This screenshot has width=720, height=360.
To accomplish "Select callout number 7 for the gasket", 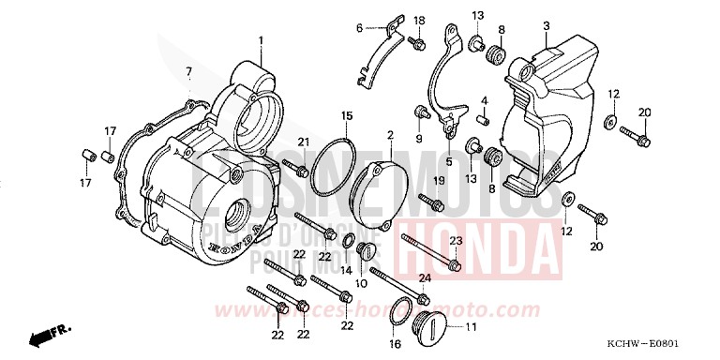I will pyautogui.click(x=188, y=71).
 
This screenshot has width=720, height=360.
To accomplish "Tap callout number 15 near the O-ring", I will pyautogui.click(x=347, y=115).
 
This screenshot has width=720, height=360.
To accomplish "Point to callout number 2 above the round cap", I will pyautogui.click(x=390, y=136).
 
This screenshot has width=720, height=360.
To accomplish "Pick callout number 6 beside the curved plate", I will pyautogui.click(x=358, y=28).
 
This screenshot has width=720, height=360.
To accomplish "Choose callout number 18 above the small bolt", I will pyautogui.click(x=419, y=21).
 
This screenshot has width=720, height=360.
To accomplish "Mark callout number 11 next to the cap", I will pyautogui.click(x=470, y=326).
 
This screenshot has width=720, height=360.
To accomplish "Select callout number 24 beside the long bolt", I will pyautogui.click(x=425, y=277).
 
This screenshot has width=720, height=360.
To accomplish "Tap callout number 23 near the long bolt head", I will pyautogui.click(x=456, y=242).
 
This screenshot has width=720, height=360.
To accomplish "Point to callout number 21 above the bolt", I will pyautogui.click(x=304, y=142).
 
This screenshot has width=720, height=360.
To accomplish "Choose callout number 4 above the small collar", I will pyautogui.click(x=486, y=99).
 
